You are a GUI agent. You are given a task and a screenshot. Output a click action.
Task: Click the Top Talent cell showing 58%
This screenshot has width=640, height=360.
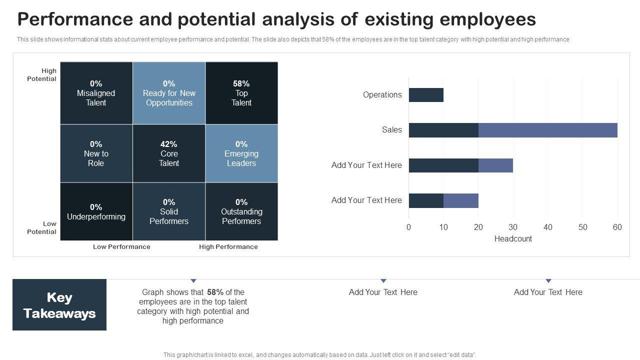(241, 93)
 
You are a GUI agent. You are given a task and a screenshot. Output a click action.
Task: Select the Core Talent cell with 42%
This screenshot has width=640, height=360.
(169, 153)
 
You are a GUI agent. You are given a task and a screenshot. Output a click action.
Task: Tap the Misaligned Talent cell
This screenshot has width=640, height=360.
(96, 93)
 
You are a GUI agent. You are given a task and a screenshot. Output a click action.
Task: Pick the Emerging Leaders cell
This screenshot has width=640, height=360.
(241, 153)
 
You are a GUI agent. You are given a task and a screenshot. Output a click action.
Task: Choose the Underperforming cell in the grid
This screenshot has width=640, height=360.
(96, 211)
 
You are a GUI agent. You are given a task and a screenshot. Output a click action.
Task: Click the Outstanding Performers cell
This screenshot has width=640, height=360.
(241, 211)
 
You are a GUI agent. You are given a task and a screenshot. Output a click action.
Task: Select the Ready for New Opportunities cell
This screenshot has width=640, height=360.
(169, 93)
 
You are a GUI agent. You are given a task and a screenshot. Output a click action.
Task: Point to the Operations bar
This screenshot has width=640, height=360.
(426, 95)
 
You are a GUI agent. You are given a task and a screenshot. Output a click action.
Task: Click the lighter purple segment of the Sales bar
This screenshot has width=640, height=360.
(547, 130)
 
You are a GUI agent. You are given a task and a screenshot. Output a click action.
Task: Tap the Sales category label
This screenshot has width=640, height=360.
(391, 130)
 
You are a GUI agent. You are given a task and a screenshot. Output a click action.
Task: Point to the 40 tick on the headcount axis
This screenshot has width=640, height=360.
(548, 227)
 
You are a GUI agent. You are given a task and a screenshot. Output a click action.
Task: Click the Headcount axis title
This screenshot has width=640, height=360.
(513, 239)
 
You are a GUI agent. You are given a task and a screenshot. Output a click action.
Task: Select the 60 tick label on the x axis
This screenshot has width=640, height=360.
(617, 227)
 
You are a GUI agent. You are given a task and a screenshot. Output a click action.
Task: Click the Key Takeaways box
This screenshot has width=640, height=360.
(59, 305)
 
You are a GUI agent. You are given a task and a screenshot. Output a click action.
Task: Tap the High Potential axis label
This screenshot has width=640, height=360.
(42, 75)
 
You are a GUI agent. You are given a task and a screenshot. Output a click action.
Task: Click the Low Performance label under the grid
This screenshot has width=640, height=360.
(121, 246)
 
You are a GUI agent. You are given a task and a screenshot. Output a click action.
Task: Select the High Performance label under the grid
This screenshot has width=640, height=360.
(228, 246)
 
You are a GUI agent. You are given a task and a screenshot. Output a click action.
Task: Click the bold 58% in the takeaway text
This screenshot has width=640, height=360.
(215, 292)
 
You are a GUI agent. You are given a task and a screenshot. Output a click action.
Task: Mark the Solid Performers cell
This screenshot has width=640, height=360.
(169, 211)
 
